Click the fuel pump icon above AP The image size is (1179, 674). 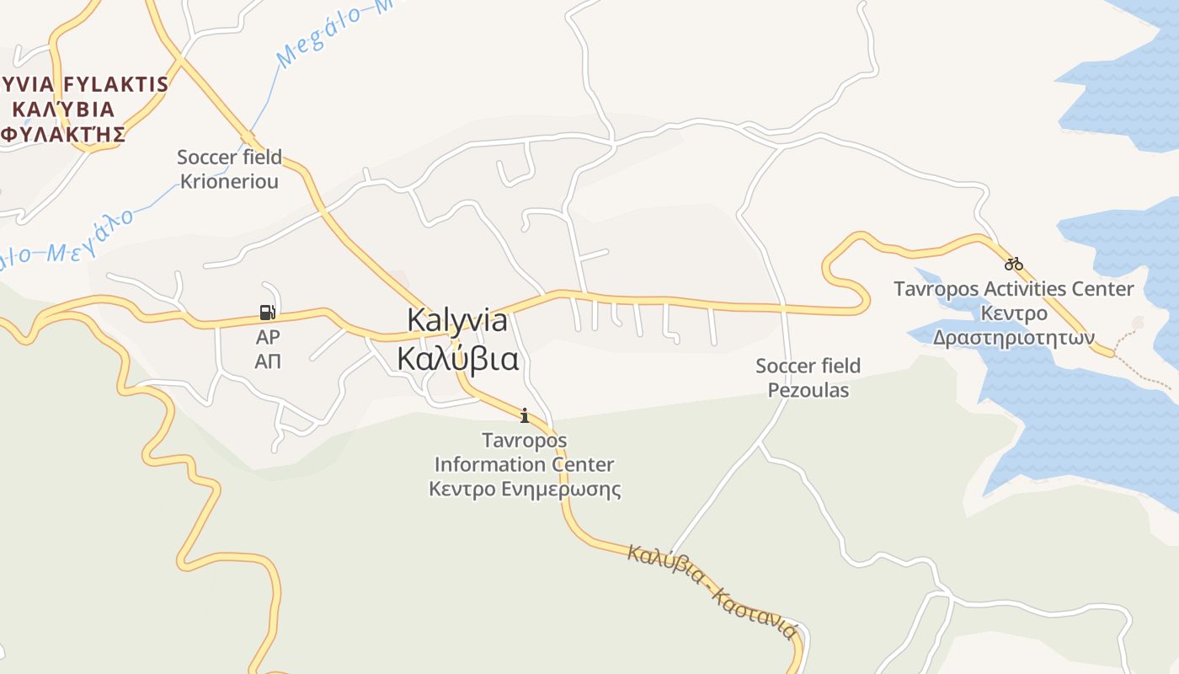point(267,313)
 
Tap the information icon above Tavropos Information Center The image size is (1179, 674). point(525,415)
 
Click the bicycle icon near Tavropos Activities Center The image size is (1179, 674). point(1013,264)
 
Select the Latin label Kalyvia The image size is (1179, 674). point(457,320)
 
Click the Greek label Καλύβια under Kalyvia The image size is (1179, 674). point(457,359)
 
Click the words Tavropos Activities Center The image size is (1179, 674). point(1013,289)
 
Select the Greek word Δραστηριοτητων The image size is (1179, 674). point(1013,338)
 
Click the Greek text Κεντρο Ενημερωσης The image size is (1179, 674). point(525,489)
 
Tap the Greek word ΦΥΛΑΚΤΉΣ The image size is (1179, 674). point(64,134)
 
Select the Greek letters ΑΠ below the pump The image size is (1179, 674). point(268,361)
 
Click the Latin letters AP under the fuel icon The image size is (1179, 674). point(268,337)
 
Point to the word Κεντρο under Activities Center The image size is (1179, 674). point(1013,313)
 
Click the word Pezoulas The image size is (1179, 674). point(808,390)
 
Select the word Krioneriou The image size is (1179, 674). point(229,181)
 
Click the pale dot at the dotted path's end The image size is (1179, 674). point(1139,323)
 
